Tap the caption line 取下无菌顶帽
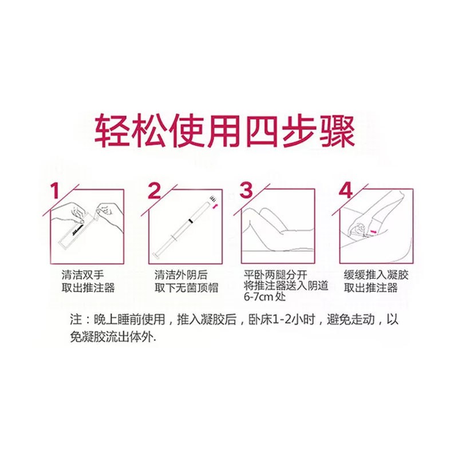[x=187, y=288]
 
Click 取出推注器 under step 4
[x=370, y=288]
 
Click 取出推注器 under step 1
[x=88, y=288]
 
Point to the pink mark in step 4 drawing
[x=373, y=231]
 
